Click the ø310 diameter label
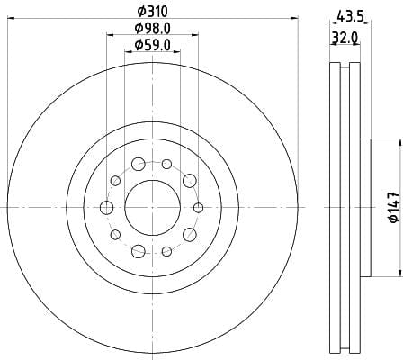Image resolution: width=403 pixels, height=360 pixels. point(152,12)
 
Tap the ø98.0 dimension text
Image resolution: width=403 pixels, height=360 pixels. point(153,29)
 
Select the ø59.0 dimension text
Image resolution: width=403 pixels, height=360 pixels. point(153,45)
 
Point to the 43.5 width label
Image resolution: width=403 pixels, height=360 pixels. point(350,15)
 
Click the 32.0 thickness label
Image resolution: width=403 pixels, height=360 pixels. point(345,38)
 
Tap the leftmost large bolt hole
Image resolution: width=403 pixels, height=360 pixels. point(106,208)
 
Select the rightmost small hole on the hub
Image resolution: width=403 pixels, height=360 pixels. point(199,208)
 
